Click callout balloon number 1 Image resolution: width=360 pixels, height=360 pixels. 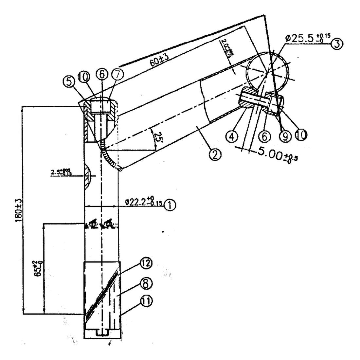(x=169, y=205)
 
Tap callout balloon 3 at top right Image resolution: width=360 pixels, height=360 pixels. (x=337, y=44)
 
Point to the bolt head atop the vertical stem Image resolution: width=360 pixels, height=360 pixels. (x=101, y=106)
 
